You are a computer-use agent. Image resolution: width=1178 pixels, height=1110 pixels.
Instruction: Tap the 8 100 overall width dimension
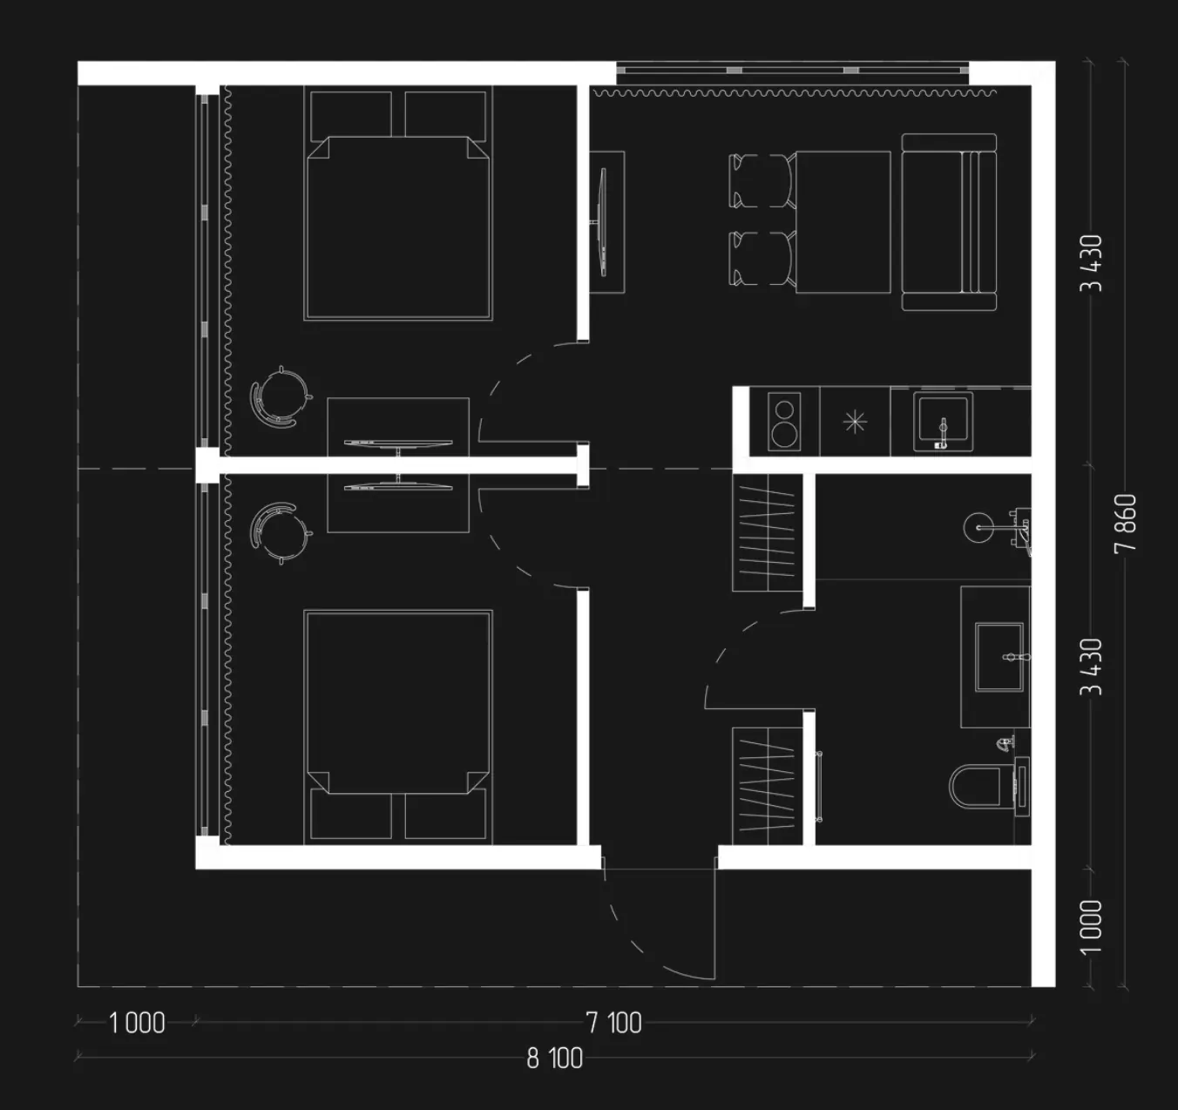click(x=555, y=1059)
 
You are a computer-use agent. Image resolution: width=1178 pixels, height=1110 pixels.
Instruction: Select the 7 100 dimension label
click(x=614, y=1023)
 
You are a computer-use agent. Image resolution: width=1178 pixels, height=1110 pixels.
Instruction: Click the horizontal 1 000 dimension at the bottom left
click(x=137, y=1023)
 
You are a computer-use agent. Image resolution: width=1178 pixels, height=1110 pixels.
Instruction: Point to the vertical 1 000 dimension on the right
click(x=1091, y=927)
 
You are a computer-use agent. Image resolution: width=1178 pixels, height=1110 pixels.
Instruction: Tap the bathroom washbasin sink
click(x=999, y=657)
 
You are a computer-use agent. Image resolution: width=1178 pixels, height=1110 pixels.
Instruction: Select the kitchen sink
click(x=943, y=421)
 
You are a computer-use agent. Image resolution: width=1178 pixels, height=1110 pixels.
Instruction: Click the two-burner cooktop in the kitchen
click(x=784, y=421)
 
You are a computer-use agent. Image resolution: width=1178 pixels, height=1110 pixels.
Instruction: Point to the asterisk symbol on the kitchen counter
click(x=855, y=423)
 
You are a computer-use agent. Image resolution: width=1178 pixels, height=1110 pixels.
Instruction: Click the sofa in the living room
click(x=949, y=222)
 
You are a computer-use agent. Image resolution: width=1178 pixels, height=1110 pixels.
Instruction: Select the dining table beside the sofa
click(x=843, y=222)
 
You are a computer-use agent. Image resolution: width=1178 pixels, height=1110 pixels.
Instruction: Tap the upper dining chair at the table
click(x=762, y=181)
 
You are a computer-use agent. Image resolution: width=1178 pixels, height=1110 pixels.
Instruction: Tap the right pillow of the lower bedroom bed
click(x=445, y=814)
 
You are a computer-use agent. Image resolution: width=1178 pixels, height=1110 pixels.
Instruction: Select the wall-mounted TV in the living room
click(x=603, y=222)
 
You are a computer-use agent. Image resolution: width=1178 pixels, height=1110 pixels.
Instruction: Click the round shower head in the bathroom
click(x=978, y=527)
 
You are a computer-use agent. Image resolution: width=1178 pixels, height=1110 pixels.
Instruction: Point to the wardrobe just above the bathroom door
click(x=768, y=532)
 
